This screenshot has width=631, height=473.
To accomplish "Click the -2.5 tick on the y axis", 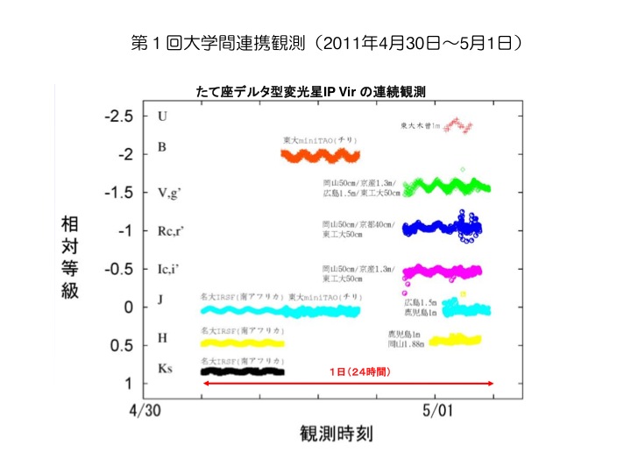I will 115,116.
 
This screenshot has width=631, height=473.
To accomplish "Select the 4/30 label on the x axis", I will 146,409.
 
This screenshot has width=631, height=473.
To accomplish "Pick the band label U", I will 161,116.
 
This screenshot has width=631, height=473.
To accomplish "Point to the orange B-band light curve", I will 321,156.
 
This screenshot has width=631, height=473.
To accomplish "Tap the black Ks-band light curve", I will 242,371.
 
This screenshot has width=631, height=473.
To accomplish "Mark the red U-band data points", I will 458,126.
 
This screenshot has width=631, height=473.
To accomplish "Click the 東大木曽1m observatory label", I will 417,125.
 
